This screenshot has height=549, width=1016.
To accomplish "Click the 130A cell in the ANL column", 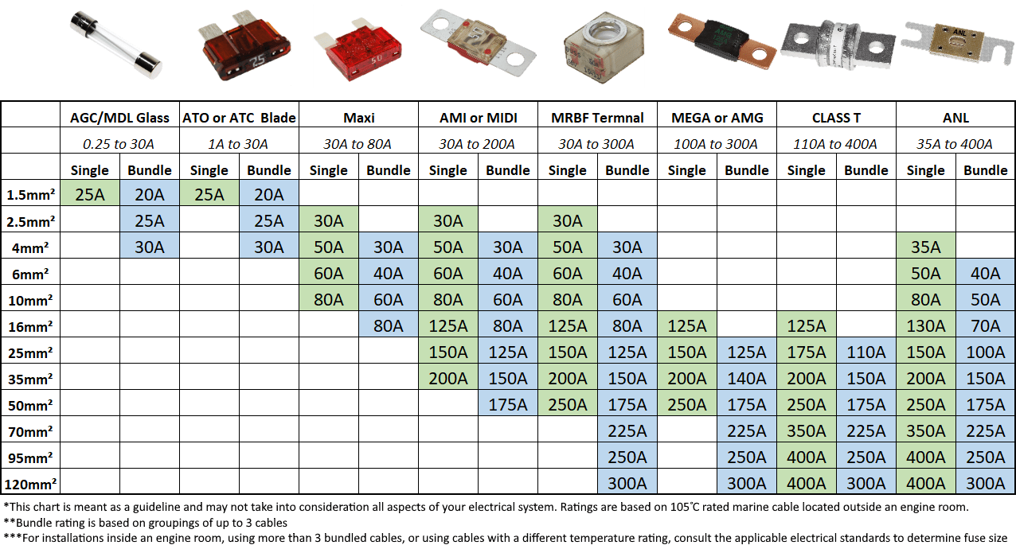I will click(x=925, y=325).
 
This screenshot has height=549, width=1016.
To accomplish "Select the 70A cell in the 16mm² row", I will click(x=985, y=325).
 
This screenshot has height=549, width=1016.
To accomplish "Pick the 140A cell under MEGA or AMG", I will click(x=746, y=378).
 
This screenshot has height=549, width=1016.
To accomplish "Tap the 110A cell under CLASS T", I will click(x=866, y=352).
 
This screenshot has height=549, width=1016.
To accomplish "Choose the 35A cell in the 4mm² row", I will click(x=925, y=247).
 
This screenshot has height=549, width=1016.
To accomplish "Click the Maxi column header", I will click(x=358, y=118).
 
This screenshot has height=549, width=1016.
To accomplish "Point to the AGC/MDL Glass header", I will click(x=119, y=118).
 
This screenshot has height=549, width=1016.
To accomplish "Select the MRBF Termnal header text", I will click(x=597, y=118).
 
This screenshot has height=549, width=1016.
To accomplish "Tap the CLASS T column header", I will click(x=836, y=118).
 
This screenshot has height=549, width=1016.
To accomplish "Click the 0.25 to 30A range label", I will click(x=119, y=144).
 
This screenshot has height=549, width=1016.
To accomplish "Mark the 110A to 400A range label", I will click(x=836, y=144).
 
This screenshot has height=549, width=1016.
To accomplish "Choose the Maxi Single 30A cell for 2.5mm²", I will click(x=328, y=220).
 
